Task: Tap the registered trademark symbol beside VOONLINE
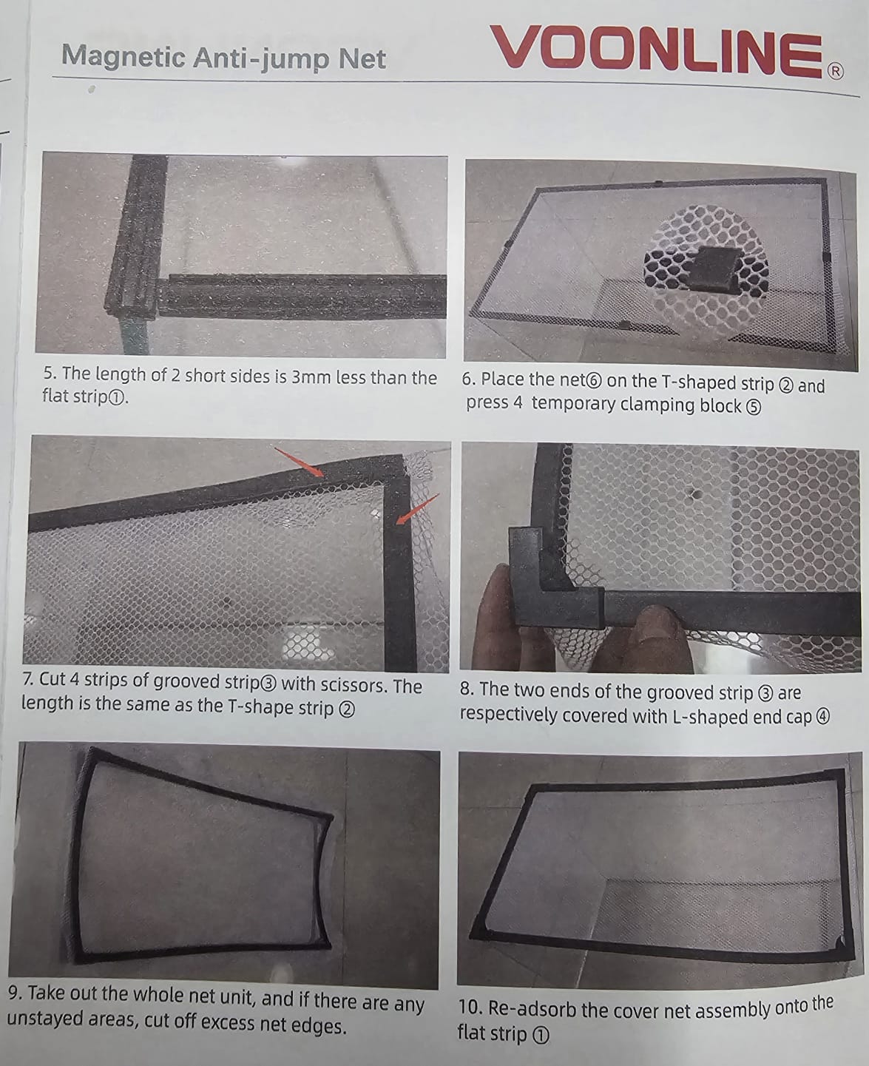(x=836, y=71)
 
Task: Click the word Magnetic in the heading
(x=123, y=57)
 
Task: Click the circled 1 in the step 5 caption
(x=116, y=398)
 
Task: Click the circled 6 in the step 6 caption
(x=594, y=380)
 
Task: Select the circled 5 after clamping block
(x=754, y=408)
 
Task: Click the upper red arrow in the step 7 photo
(x=299, y=461)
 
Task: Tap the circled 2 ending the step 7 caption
(x=347, y=710)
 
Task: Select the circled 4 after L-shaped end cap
(x=823, y=718)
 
